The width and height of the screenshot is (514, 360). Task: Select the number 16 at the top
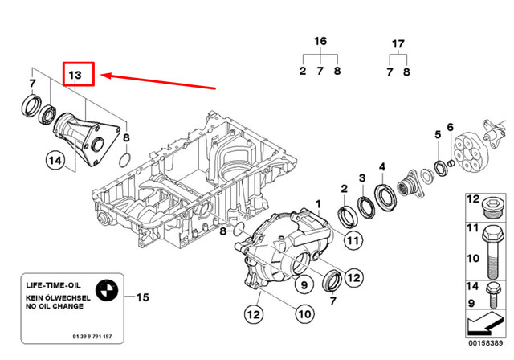[320, 41]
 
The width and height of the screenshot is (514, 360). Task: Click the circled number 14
[54, 161]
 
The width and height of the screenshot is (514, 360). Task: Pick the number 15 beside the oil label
[142, 298]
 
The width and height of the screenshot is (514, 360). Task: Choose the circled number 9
[305, 283]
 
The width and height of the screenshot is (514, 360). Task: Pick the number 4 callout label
[383, 167]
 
